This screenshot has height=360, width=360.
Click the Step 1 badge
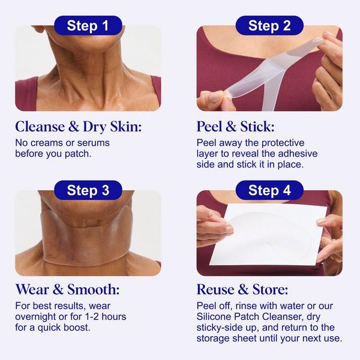click(x=88, y=25)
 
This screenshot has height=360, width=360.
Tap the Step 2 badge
click(x=269, y=25)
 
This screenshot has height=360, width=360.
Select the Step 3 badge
click(x=88, y=190)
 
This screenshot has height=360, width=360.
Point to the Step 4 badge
click(x=269, y=190)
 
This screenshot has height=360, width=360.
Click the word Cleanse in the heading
click(x=40, y=127)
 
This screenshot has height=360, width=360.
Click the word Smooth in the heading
click(x=94, y=289)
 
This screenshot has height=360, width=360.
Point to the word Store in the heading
click(x=270, y=289)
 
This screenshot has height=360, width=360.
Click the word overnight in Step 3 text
click(x=35, y=317)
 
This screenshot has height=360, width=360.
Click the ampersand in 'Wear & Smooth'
click(x=58, y=289)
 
